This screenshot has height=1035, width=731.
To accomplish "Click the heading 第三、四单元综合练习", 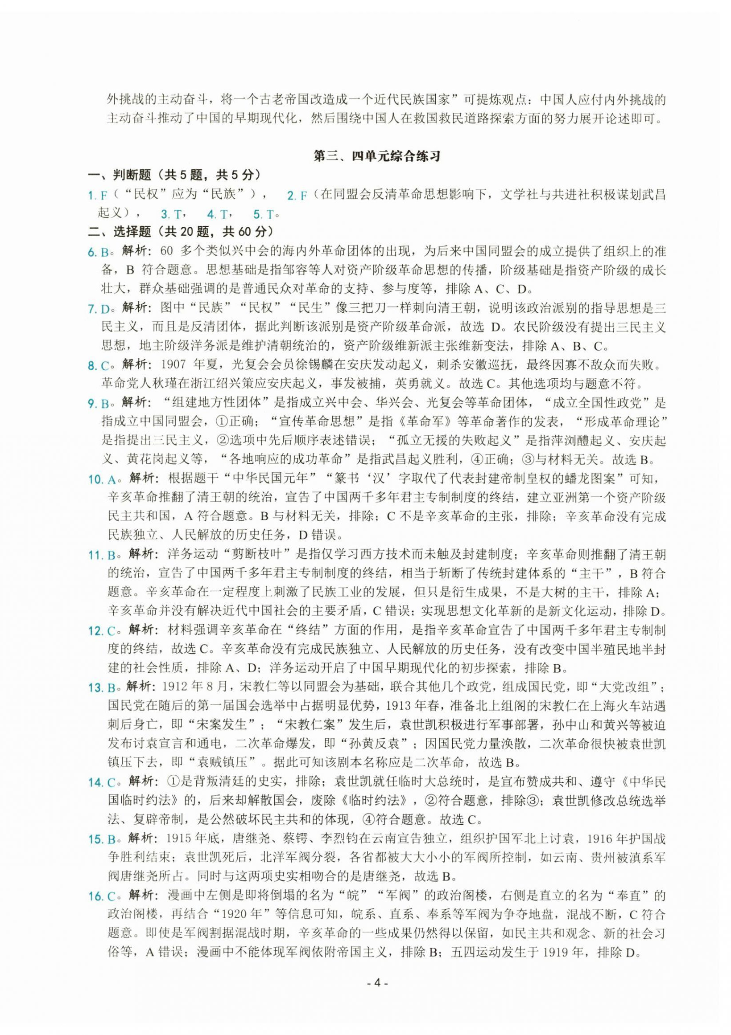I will pyautogui.click(x=377, y=156).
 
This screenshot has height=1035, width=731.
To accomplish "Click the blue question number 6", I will pyautogui.click(x=91, y=253).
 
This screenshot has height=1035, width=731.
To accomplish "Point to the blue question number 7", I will pyautogui.click(x=91, y=309).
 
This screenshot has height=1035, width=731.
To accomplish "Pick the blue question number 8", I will pyautogui.click(x=91, y=366).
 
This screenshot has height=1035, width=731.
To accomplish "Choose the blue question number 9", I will pyautogui.click(x=91, y=404).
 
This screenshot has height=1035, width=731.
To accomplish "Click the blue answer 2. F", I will pyautogui.click(x=297, y=196).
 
